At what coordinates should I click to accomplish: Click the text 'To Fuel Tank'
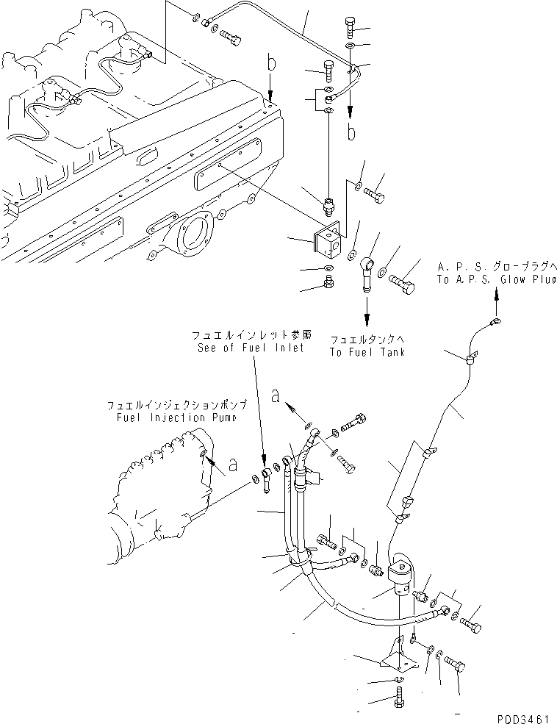[367, 352]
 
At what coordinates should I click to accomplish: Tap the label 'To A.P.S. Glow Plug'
[493, 279]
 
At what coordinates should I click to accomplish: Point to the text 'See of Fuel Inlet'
[250, 348]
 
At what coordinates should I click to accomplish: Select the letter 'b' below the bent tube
[351, 133]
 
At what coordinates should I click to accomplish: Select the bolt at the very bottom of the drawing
[399, 699]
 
